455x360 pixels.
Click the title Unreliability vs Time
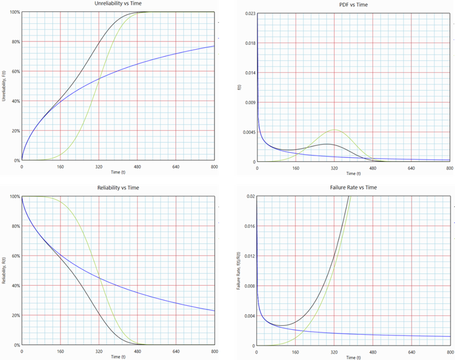(118, 4)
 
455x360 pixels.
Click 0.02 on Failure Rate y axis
(251, 197)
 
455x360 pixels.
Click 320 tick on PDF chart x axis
(334, 168)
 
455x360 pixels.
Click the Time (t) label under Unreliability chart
(118, 172)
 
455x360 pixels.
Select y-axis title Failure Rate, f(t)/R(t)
(238, 271)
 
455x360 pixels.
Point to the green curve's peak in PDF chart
(335, 130)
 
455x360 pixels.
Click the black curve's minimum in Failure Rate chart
(282, 326)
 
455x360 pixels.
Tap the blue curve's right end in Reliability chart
(214, 311)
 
